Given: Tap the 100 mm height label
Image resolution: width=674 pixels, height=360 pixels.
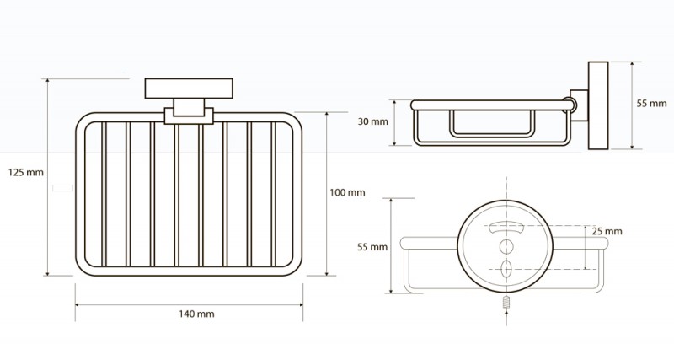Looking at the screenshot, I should click(x=348, y=193).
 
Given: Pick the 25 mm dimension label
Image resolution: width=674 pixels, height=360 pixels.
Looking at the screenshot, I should click(x=607, y=231).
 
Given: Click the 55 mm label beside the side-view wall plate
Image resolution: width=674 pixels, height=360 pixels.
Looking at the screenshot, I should click(x=650, y=103).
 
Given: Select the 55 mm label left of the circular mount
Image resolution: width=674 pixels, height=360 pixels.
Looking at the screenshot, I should click(x=372, y=247).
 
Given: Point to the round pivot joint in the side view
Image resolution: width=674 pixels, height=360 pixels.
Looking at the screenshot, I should click(x=570, y=107).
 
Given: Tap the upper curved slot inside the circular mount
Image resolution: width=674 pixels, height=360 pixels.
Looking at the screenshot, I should click(x=505, y=226).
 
